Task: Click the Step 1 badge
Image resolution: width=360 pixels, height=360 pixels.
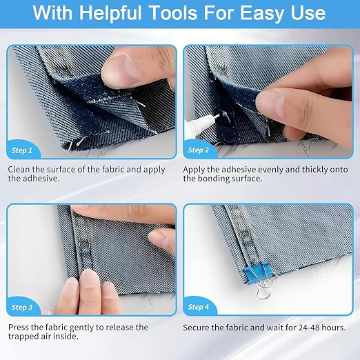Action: pyautogui.click(x=23, y=149)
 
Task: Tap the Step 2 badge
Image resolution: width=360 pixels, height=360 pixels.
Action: pyautogui.click(x=199, y=149)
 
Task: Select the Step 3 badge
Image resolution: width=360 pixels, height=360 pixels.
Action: pyautogui.click(x=23, y=306)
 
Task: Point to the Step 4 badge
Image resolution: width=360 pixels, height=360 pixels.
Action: pyautogui.click(x=199, y=306)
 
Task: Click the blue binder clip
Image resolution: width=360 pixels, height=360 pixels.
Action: pyautogui.click(x=257, y=271)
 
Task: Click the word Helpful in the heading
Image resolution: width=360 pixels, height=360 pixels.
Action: pyautogui.click(x=110, y=13)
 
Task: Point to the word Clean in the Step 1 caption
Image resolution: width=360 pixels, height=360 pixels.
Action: pyautogui.click(x=19, y=170)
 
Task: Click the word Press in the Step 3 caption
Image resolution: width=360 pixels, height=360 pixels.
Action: pyautogui.click(x=19, y=327)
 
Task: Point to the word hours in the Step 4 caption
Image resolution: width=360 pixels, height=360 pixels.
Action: pyautogui.click(x=333, y=328)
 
